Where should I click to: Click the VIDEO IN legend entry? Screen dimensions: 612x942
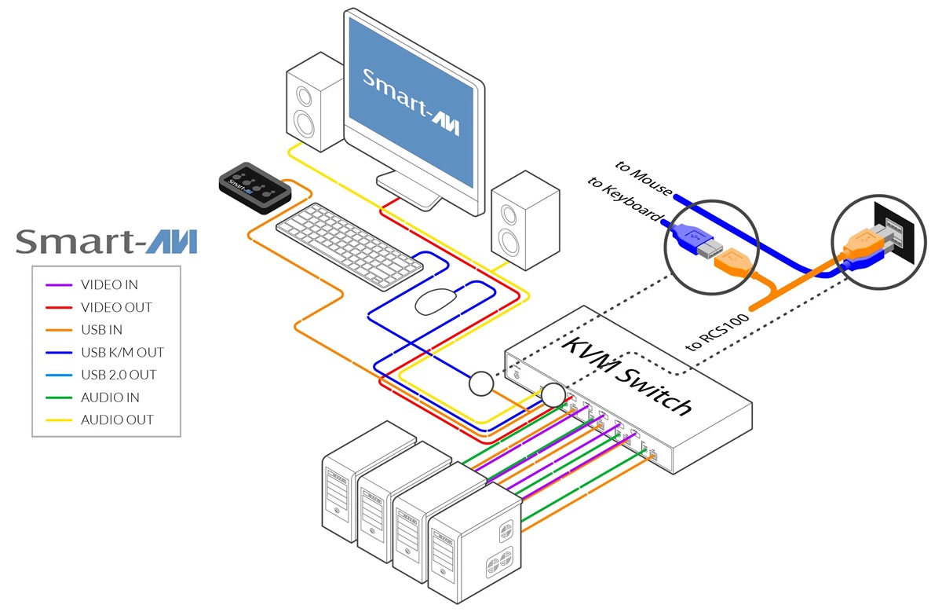pos(109,284)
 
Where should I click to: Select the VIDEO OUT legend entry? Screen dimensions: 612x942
pos(116,307)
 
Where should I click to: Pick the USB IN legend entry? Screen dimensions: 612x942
pos(101,330)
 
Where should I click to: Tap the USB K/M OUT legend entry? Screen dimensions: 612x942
pos(122,353)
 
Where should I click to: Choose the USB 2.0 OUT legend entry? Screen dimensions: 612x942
pos(119,375)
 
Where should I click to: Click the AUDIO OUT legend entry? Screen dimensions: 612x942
pos(116,420)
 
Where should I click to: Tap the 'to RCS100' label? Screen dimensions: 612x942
pos(718,328)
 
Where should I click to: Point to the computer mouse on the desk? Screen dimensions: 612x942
pos(437,301)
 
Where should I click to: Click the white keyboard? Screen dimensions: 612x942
pos(349,239)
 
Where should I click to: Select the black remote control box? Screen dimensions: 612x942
pos(255,187)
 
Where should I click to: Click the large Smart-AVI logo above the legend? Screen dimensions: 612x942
pos(106,241)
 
